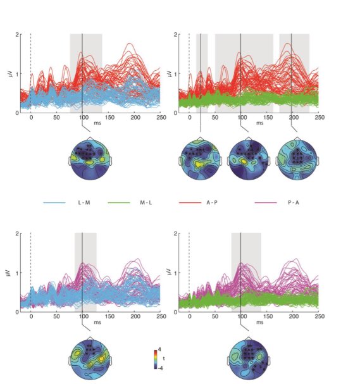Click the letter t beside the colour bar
pos(164,358)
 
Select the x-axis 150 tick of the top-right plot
pos(266,118)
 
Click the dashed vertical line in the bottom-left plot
pos(30,272)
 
